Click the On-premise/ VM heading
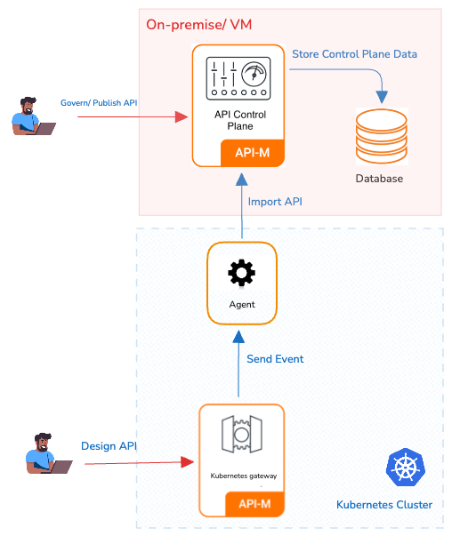(198, 25)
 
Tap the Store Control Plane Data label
(354, 54)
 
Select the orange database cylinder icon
(382, 136)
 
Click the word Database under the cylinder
(379, 179)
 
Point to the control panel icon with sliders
(238, 78)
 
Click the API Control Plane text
(240, 120)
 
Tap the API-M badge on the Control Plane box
(253, 153)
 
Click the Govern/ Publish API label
(99, 103)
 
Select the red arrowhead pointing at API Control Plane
(182, 117)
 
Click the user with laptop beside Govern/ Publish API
(33, 116)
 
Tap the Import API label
(275, 202)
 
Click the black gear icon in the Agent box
(241, 272)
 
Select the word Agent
(242, 305)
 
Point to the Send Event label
(275, 359)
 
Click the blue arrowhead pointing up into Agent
(238, 337)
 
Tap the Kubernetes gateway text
(244, 476)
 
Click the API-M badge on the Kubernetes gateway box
(254, 504)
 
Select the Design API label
(109, 446)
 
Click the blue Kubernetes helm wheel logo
(406, 467)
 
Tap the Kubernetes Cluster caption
(384, 505)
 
